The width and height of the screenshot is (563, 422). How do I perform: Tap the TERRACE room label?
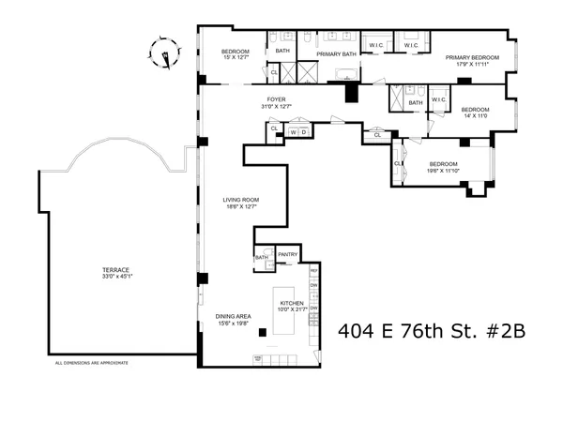point(115,270)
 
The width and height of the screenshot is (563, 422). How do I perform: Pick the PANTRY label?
point(287,253)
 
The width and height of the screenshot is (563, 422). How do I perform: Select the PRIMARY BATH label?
point(336,54)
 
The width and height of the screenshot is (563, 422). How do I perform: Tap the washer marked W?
point(294,133)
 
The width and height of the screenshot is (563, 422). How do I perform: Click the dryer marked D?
point(304,133)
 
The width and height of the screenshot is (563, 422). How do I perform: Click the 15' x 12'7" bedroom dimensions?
point(236,58)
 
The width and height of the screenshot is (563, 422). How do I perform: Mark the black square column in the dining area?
point(265,333)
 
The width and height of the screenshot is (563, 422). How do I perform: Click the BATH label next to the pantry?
point(262,256)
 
